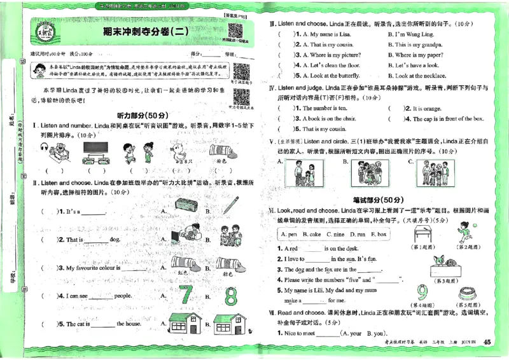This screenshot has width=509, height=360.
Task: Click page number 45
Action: (x=487, y=343)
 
